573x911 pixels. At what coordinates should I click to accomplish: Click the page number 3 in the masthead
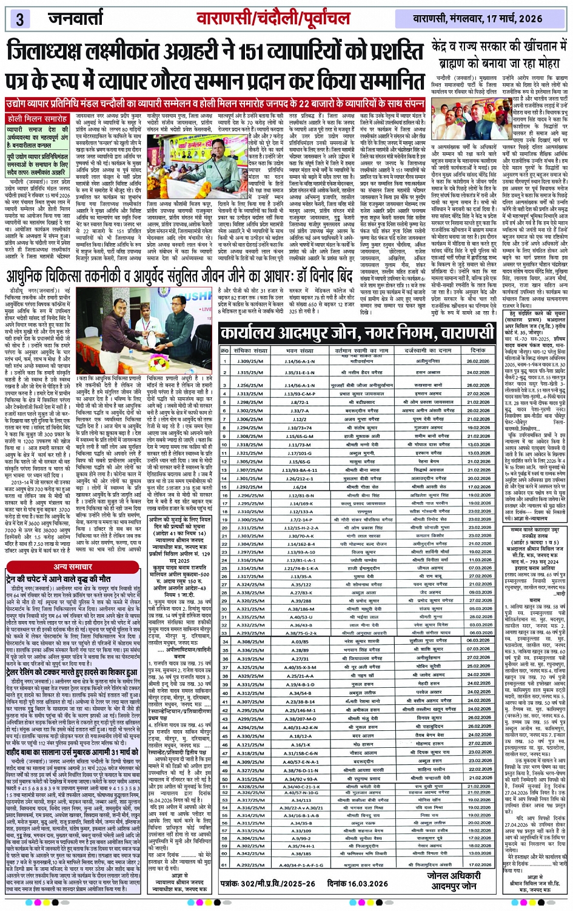[19, 19]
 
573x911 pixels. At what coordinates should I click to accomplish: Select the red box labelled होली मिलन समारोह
[38, 119]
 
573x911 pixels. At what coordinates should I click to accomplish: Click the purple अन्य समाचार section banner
[73, 566]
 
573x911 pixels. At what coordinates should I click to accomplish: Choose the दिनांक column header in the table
[478, 351]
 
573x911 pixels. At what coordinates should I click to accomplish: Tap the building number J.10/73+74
[300, 428]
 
